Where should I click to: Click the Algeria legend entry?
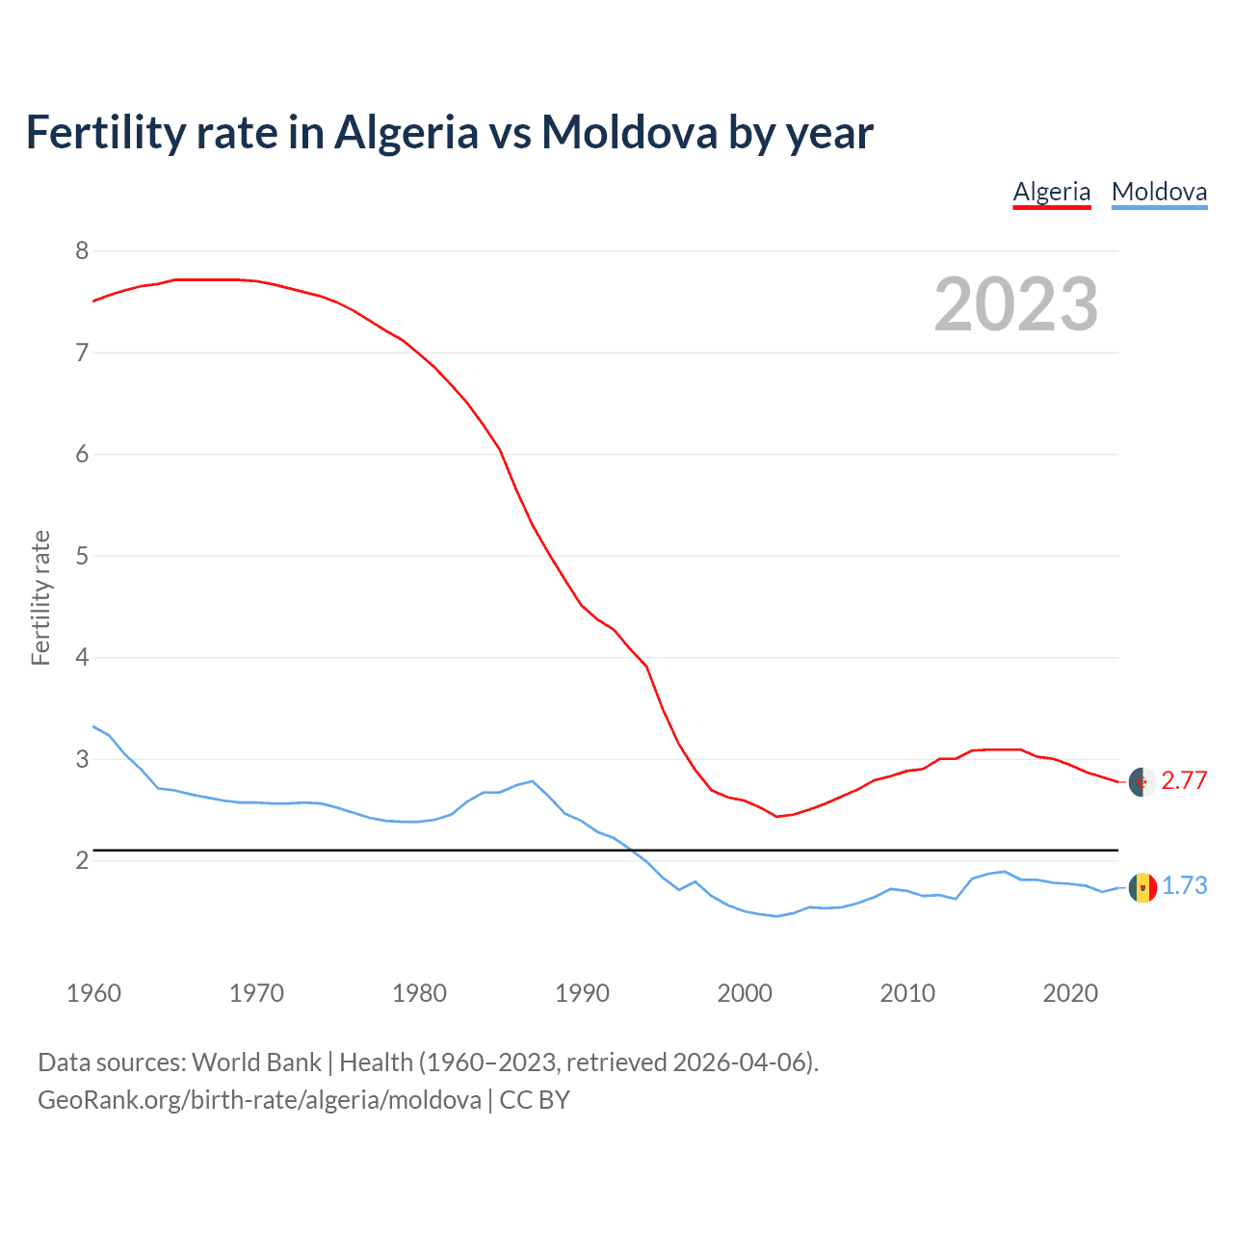click(1051, 192)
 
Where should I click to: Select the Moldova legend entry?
click(1159, 192)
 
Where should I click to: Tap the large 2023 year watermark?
click(1015, 304)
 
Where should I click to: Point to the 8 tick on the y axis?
click(81, 251)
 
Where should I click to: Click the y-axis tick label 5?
click(81, 556)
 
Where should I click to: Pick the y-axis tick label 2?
click(81, 860)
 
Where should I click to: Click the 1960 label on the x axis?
click(93, 993)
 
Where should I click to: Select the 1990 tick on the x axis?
click(582, 993)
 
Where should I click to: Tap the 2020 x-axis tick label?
click(1070, 993)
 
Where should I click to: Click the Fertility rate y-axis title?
click(40, 597)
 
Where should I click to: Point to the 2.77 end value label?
click(1184, 780)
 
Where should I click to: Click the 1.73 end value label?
click(1184, 885)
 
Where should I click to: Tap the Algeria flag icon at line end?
click(1142, 782)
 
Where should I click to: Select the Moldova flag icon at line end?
click(1142, 887)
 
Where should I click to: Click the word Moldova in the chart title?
click(628, 132)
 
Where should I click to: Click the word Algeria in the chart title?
click(406, 132)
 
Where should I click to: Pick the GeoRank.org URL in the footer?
click(259, 1100)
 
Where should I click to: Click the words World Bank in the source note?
click(256, 1062)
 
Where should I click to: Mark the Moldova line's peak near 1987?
click(532, 780)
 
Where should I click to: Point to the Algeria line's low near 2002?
click(776, 816)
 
